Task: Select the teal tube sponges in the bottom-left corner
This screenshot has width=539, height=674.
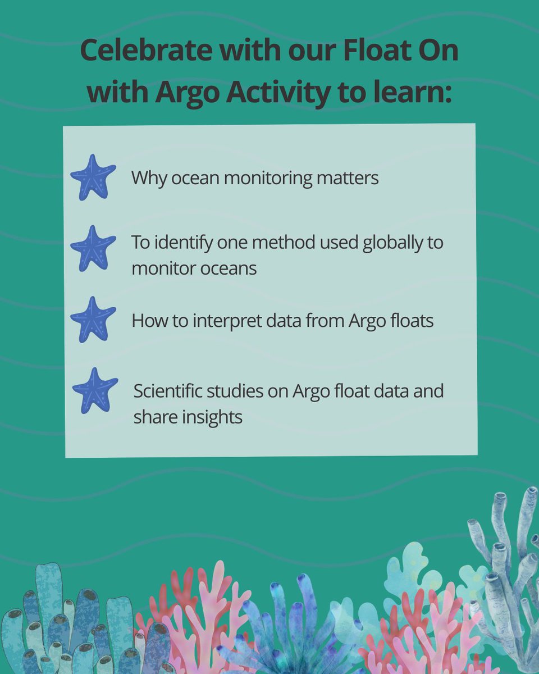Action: pyautogui.click(x=56, y=623)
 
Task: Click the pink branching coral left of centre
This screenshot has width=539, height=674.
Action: pyautogui.click(x=191, y=607)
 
